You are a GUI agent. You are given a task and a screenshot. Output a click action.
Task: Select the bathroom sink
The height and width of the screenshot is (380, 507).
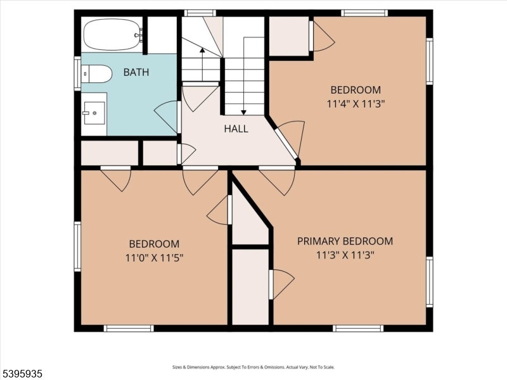[x=94, y=113]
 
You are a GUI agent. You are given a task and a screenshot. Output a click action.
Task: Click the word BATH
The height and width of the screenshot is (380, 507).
[x=136, y=72]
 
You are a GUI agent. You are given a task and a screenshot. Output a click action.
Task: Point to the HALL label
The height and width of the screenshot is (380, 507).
[x=236, y=129]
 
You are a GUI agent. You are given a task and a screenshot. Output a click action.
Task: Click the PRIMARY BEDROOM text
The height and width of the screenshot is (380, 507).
[x=345, y=241]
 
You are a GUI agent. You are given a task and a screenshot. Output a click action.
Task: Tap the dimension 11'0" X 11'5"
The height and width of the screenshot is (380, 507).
[x=154, y=257]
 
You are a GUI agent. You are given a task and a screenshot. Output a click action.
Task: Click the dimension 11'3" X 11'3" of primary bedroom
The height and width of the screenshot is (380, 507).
[x=345, y=255]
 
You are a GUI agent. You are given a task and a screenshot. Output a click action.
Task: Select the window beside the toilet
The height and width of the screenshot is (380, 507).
[x=77, y=73]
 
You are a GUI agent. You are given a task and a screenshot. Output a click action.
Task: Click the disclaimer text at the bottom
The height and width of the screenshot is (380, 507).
[x=253, y=367]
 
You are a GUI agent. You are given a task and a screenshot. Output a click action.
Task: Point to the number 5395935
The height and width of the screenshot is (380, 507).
[x=22, y=374]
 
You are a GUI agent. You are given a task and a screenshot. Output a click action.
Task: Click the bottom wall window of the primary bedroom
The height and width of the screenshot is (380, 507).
[x=358, y=328]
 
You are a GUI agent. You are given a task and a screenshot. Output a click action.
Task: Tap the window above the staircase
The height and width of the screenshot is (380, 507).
[x=200, y=13]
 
